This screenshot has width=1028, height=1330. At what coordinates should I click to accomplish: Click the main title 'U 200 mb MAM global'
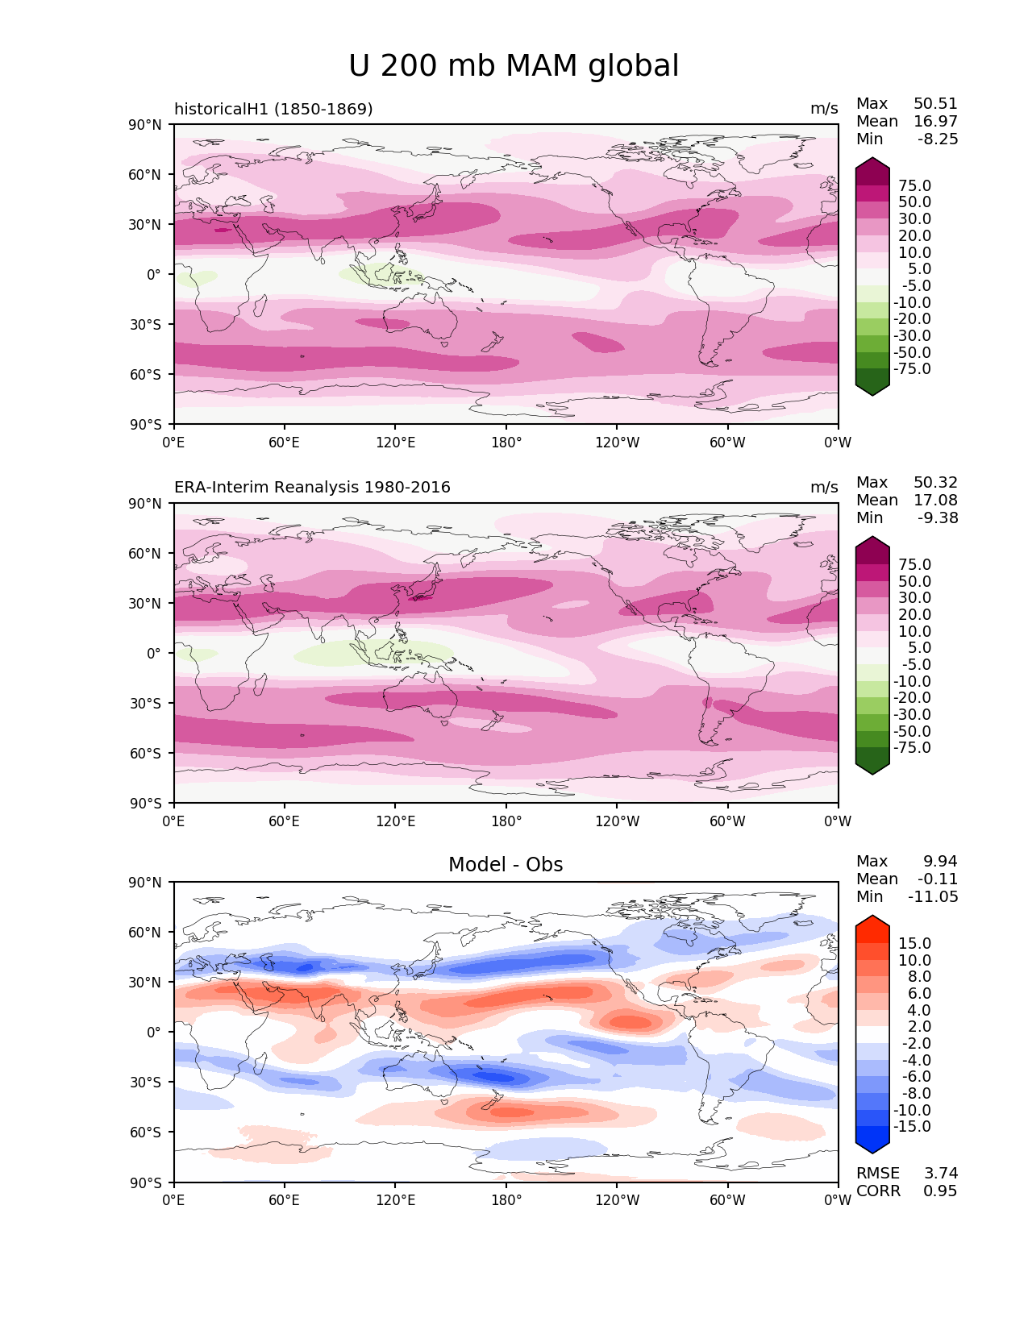pos(514,66)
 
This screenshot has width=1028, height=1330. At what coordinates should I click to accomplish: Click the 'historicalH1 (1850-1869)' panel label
pos(273,109)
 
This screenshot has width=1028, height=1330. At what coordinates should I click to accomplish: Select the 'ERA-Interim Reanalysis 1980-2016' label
pos(312,488)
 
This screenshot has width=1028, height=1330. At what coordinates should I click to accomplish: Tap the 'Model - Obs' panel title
pos(506,865)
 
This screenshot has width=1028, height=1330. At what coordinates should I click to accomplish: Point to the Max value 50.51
pos(935,104)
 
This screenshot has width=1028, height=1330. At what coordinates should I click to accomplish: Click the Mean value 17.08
pos(935,501)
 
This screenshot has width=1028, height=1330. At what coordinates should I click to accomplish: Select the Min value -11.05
pos(933,897)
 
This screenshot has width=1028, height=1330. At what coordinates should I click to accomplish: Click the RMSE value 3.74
pos(941,1174)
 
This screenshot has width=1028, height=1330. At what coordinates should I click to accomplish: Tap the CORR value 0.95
pos(940,1191)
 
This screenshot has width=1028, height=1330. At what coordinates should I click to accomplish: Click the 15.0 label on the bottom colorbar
pos(914,944)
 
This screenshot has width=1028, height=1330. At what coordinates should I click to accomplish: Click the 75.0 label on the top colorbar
pos(914,186)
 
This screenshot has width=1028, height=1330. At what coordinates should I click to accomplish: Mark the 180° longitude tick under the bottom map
pos(506,1200)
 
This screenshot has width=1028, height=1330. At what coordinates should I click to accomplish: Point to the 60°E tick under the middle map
pos(285,821)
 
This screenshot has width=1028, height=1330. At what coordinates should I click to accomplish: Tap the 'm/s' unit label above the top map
pos(824,109)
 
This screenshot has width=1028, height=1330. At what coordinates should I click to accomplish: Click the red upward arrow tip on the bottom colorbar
pos(872,922)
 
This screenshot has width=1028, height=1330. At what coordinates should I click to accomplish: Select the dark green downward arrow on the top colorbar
pos(872,388)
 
